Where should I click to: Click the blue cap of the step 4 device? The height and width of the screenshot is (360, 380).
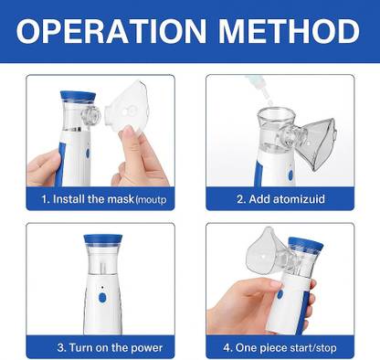305,245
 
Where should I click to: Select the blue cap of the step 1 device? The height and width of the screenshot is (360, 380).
73,96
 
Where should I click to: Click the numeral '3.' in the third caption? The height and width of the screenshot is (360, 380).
61,347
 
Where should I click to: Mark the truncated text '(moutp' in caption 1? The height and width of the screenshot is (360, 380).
154,198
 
